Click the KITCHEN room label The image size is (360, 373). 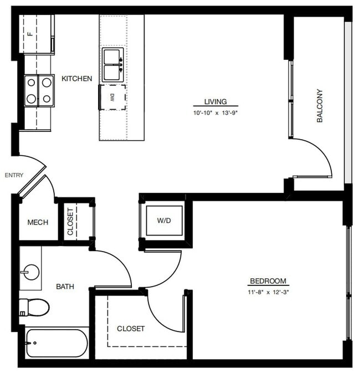click(77, 79)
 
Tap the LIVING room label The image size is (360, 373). click(215, 101)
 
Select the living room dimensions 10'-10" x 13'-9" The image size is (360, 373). click(215, 113)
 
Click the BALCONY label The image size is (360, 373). click(320, 106)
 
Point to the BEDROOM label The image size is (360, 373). click(269, 281)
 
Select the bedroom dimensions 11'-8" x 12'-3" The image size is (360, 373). click(269, 292)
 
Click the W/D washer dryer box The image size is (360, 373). click(163, 221)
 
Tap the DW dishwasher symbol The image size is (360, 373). click(112, 98)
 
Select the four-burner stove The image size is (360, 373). click(39, 90)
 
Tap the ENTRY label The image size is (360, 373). click(14, 176)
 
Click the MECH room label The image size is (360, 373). click(38, 222)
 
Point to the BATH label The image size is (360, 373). click(65, 287)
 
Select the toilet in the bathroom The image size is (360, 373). click(34, 306)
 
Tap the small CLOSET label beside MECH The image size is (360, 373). click(70, 222)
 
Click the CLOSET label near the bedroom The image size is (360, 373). click(131, 329)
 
